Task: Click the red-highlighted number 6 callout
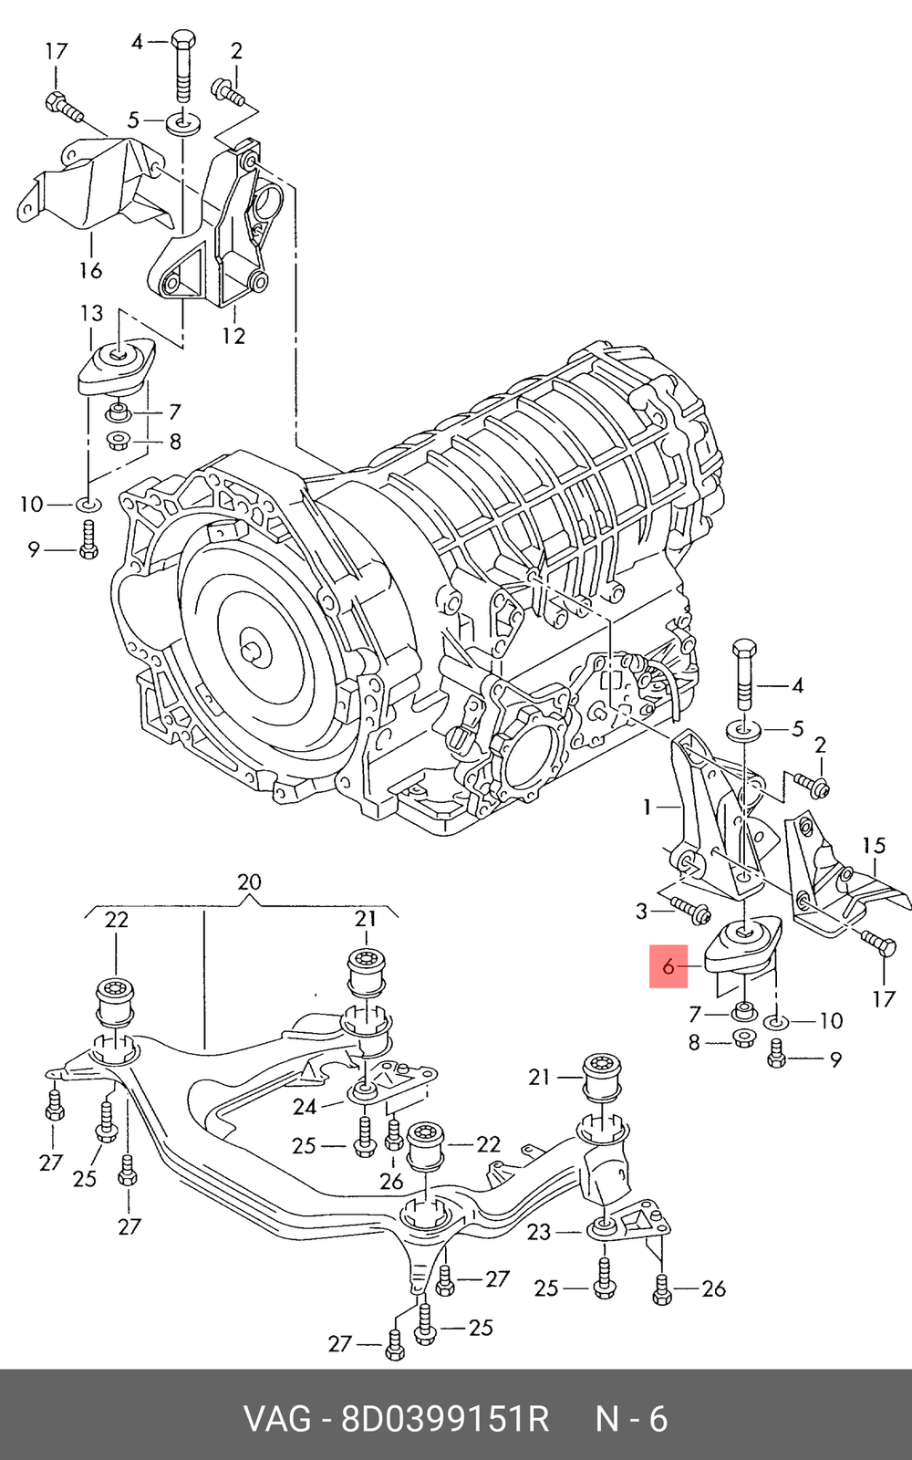coord(668,966)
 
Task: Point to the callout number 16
coord(90,269)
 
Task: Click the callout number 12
coord(233,336)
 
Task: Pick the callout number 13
coord(92,313)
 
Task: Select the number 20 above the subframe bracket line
coord(249,881)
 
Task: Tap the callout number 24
coord(305,1107)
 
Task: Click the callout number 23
coord(539,1232)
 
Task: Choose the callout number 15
coord(874,846)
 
